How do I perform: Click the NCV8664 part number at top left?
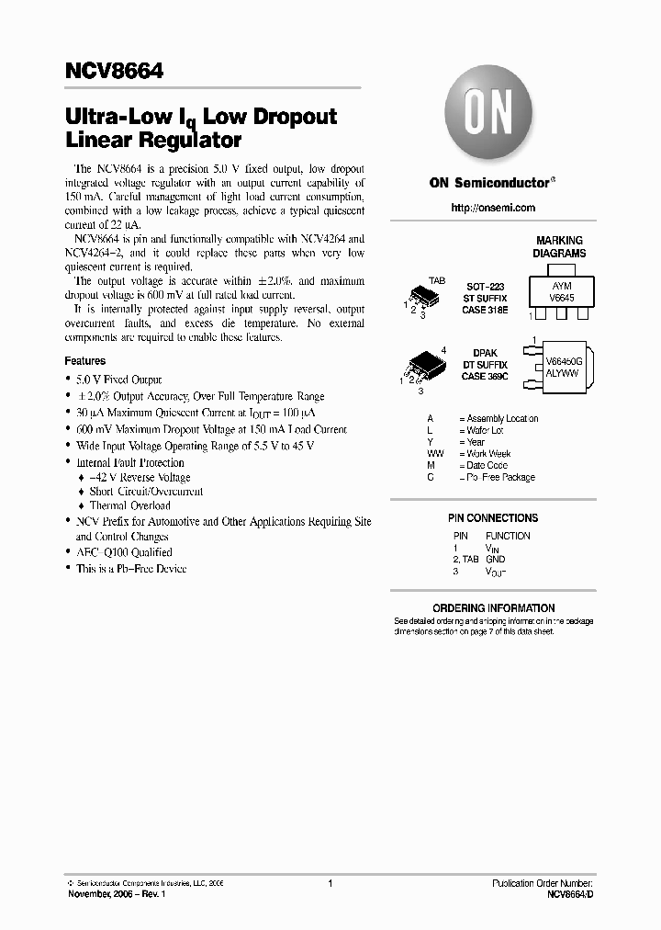[114, 71]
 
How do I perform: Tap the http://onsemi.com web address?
[493, 208]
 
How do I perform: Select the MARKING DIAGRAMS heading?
[560, 246]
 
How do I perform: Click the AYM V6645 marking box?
[561, 291]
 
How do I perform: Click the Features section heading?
[84, 361]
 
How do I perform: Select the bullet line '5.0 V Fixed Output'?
[118, 380]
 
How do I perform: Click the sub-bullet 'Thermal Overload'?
[129, 505]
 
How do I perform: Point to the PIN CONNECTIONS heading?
[493, 518]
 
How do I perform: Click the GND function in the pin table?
[496, 559]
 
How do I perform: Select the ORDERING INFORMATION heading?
[493, 608]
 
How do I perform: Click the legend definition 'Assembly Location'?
[502, 418]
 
